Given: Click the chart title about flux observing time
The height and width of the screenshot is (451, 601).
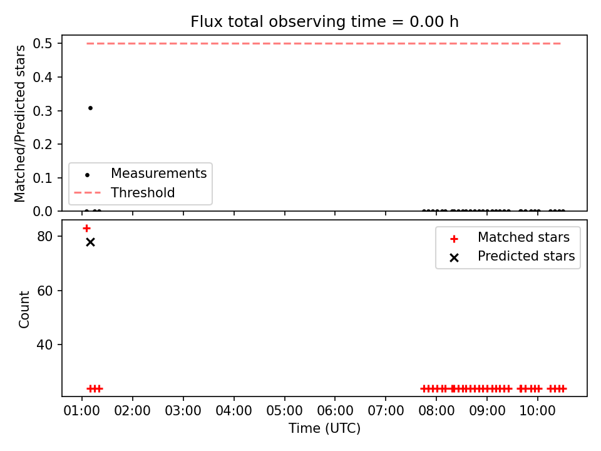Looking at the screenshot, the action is (325, 22).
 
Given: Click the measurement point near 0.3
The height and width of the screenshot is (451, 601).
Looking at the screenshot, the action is (90, 108).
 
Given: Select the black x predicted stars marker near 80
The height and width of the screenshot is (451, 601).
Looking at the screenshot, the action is (90, 242).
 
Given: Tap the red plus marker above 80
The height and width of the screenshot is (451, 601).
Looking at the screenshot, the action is (86, 229).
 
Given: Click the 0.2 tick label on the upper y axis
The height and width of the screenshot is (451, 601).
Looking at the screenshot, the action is (42, 145).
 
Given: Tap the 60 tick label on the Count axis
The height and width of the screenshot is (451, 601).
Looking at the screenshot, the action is (44, 291).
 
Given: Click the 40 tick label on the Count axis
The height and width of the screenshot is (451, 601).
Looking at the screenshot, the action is (44, 345).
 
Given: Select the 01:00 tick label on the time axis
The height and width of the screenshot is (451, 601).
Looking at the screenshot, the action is (81, 411).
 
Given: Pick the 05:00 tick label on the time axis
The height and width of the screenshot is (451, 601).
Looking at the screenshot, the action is (284, 411).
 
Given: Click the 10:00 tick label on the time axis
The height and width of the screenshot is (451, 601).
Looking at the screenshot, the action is (537, 411).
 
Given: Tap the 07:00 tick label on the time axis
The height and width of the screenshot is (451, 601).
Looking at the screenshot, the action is (386, 411).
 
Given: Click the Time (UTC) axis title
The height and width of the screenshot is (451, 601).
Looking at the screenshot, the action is (325, 428).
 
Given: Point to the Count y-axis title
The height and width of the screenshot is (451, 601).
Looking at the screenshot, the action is (24, 309).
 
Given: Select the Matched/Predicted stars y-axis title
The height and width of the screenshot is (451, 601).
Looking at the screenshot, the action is (19, 123).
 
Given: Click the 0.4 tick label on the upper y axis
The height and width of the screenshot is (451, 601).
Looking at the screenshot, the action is (42, 78).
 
